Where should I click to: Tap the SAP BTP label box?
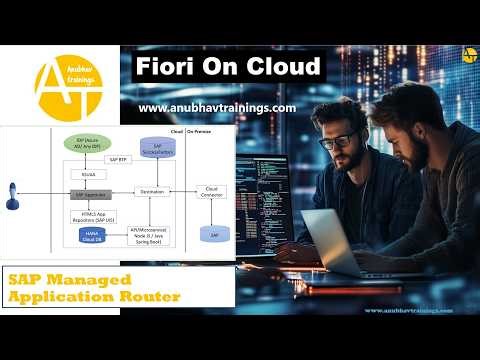coord(118,159)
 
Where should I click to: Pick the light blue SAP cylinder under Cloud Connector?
coord(211,233)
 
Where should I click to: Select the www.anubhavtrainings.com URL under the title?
coord(216,108)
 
